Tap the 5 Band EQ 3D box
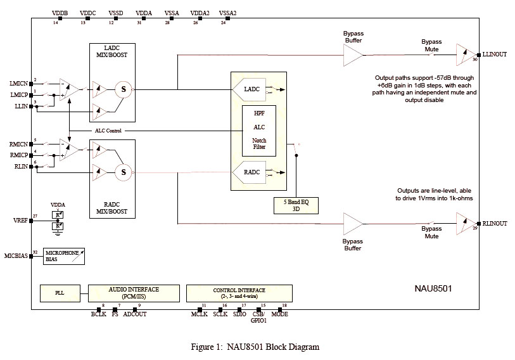(296, 205)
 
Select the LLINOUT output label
(495, 55)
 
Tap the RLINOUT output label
(495, 223)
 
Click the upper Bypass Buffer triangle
(352, 55)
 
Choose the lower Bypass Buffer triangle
(352, 223)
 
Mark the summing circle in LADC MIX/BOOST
(124, 89)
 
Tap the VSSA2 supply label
(227, 12)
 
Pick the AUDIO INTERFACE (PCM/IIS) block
(134, 293)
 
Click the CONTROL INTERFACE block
(239, 293)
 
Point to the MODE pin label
(279, 314)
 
